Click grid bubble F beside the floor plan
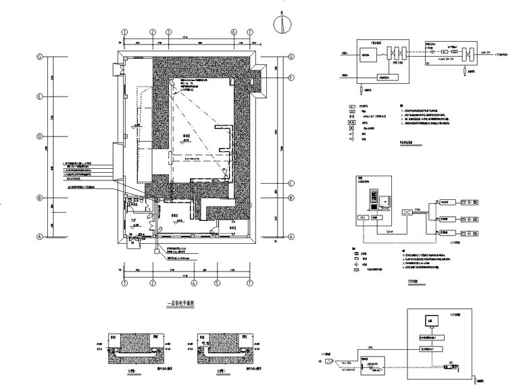[291, 78]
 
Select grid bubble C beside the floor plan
[291, 183]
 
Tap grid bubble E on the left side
[40, 97]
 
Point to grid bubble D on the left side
[40, 136]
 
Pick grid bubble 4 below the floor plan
[193, 282]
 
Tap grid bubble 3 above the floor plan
[169, 32]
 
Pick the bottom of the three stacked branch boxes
[445, 234]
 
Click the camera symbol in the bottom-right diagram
[330, 361]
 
